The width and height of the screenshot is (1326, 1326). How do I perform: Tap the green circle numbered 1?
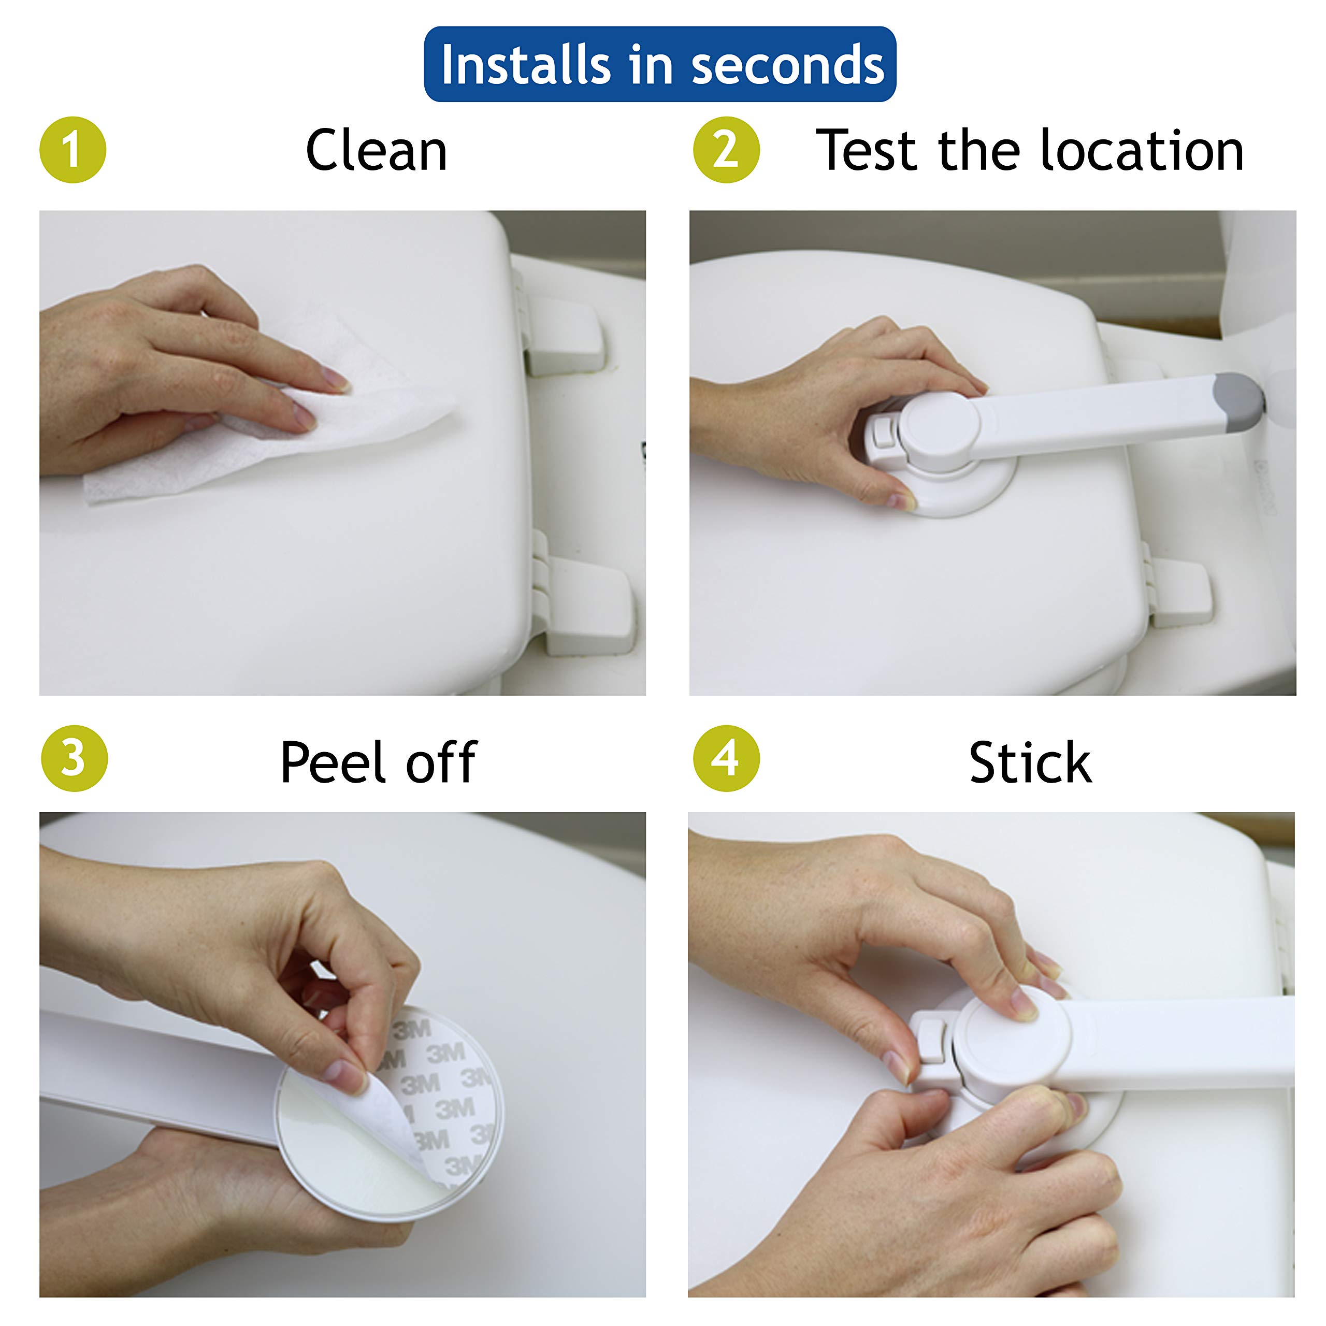pyautogui.click(x=73, y=150)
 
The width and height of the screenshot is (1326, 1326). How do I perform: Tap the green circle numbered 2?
pyautogui.click(x=726, y=150)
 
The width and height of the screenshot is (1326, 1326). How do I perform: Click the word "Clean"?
pyautogui.click(x=376, y=151)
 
